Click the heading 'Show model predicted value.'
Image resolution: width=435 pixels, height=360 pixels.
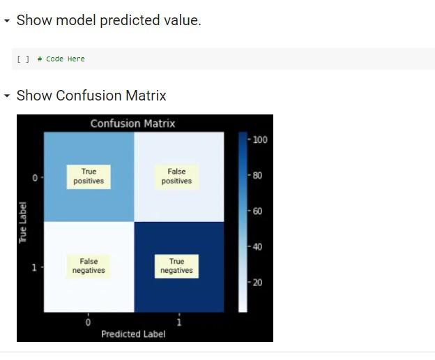[108, 20]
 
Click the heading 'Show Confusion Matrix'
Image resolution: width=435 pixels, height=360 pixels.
[91, 96]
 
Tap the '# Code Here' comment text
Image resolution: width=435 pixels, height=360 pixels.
[61, 59]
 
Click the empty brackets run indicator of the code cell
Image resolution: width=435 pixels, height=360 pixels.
[23, 59]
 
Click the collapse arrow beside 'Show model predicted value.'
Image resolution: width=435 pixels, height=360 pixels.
[7, 21]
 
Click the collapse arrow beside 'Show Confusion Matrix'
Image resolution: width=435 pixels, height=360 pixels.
[7, 96]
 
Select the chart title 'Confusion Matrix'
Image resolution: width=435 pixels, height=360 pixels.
[132, 123]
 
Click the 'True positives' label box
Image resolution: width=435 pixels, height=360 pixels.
[89, 176]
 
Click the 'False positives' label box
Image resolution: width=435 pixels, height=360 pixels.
[176, 176]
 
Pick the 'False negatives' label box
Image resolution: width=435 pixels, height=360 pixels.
[89, 266]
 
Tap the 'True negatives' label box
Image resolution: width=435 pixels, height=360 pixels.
[176, 266]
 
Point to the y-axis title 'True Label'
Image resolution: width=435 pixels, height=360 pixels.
[23, 223]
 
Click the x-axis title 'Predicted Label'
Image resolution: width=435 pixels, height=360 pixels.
[133, 334]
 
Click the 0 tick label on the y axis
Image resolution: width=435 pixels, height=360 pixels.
[34, 179]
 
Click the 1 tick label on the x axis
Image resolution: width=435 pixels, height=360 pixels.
[179, 322]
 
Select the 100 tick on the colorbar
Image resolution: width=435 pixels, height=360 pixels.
[260, 140]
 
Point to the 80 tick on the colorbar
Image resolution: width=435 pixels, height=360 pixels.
[258, 175]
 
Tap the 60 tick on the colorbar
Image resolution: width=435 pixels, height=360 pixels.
[258, 211]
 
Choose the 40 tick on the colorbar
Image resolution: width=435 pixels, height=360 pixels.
[258, 246]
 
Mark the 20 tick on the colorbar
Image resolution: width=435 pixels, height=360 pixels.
[258, 282]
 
